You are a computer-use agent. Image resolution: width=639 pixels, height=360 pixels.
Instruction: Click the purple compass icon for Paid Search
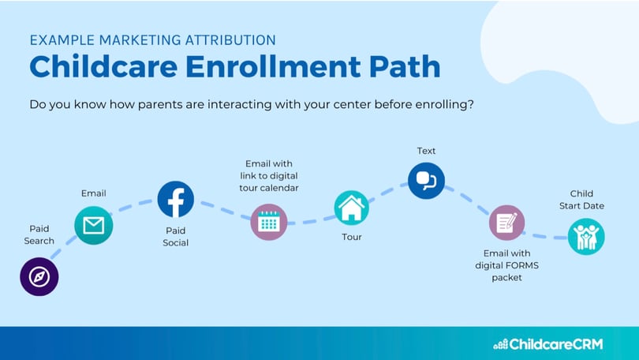click(39, 276)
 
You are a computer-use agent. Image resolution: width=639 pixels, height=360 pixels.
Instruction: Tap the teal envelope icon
click(94, 225)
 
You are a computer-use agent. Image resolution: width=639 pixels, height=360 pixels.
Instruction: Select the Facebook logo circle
click(176, 200)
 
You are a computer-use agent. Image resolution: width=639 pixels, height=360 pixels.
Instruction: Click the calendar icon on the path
click(269, 222)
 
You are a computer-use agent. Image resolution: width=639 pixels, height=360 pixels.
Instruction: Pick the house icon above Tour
click(352, 208)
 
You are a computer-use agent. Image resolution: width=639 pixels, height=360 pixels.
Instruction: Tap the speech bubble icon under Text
click(426, 181)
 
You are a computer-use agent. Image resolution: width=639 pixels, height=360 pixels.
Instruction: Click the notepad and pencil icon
click(506, 223)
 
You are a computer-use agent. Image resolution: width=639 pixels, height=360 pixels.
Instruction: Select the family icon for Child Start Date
click(586, 237)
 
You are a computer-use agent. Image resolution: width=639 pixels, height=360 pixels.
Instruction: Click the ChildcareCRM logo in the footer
click(548, 344)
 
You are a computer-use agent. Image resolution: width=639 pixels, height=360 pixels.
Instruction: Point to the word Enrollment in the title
click(273, 66)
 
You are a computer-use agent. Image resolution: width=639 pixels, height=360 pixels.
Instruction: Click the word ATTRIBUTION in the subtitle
click(230, 40)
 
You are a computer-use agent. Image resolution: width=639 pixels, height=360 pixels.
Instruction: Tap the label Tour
click(352, 237)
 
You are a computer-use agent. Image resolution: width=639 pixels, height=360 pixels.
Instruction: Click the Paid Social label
click(176, 237)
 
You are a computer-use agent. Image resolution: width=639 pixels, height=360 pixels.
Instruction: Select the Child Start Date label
click(581, 200)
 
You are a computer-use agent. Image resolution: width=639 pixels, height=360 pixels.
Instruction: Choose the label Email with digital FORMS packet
click(507, 265)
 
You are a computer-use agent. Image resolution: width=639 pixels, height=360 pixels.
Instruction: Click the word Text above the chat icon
click(426, 151)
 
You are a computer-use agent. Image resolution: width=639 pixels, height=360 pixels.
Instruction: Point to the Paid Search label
click(39, 234)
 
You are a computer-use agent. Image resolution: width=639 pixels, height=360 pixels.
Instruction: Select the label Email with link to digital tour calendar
click(269, 176)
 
